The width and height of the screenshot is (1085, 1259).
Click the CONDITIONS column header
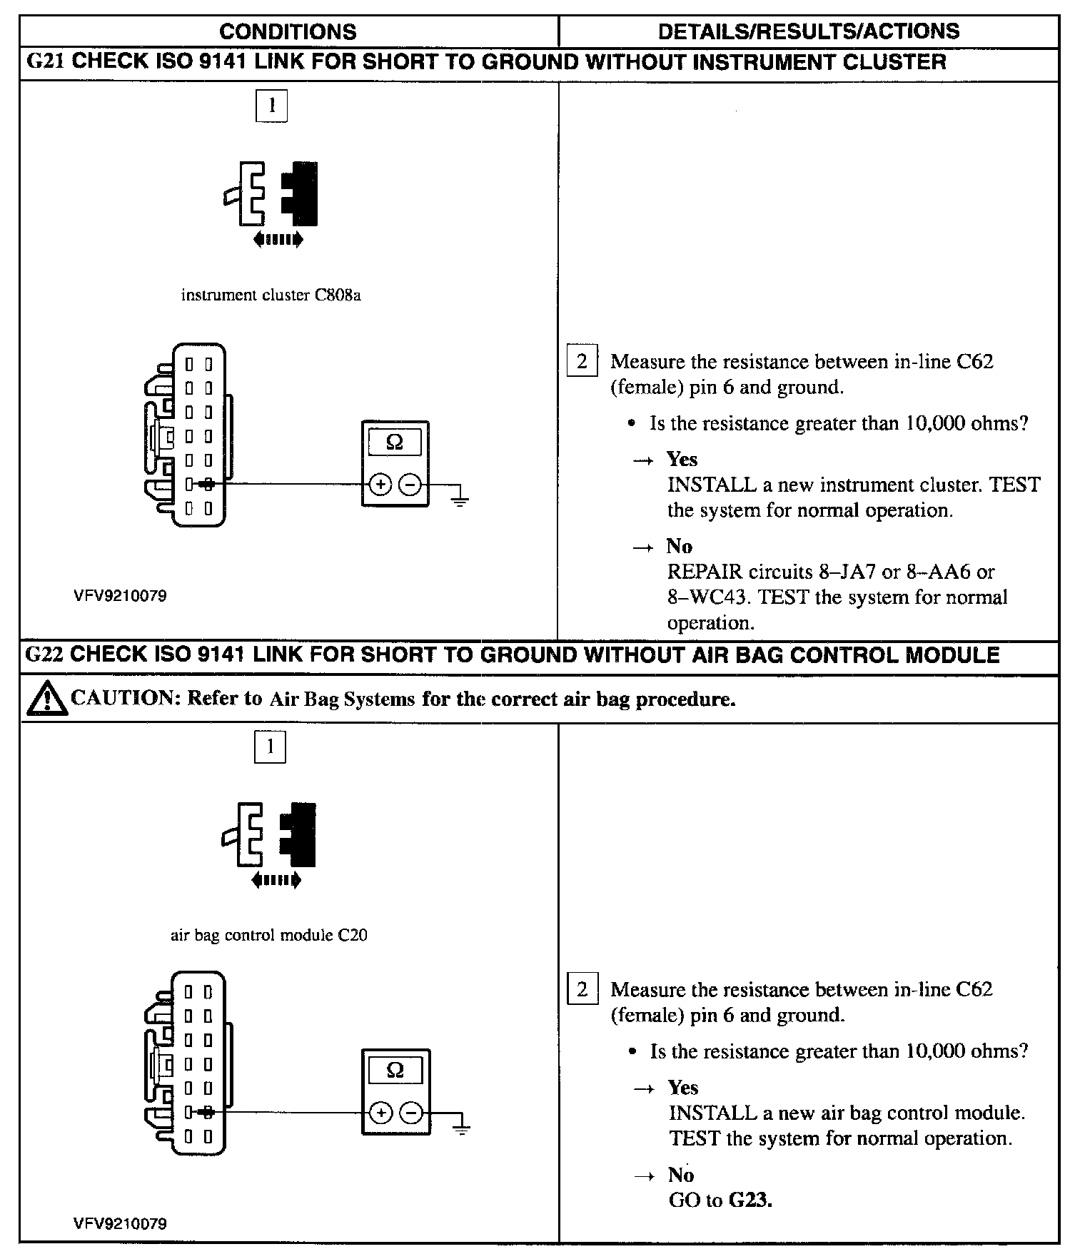pos(288,31)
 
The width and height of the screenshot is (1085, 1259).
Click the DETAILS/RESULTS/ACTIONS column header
pos(808,31)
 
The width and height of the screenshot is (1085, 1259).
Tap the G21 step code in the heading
pos(45,62)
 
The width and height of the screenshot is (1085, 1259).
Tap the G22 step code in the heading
pos(44,655)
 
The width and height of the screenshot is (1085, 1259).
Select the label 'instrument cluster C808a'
pos(271,295)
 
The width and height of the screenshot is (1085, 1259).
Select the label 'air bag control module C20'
pos(268,935)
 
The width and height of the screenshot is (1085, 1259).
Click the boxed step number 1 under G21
pos(271,106)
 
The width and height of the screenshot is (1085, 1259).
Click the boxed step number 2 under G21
pos(582,361)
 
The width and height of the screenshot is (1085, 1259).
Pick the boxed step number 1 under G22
pos(270,747)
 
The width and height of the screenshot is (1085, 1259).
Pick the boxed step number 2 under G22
pos(582,989)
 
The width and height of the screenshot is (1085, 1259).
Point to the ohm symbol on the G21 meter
pos(395,443)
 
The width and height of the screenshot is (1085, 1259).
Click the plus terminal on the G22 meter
pos(380,1113)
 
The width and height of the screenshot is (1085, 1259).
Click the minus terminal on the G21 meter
pos(410,485)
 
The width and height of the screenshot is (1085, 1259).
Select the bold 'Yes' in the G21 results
pos(682,459)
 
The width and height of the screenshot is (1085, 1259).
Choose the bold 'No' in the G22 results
pos(681,1175)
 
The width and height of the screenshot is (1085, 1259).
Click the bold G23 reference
pos(750,1200)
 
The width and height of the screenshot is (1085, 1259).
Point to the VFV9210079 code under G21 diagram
pos(120,596)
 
